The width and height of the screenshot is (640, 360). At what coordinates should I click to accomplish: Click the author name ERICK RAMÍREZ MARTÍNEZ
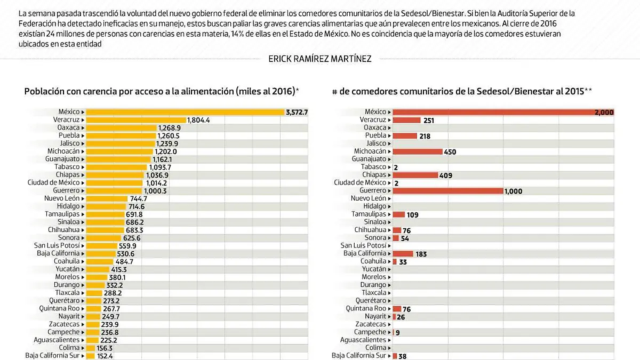point(319,59)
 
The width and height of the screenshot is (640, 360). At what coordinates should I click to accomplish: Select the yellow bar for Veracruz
point(135,120)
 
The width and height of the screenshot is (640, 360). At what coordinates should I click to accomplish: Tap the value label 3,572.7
point(297,112)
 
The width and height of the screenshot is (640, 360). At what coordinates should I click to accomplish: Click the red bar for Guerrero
point(448,191)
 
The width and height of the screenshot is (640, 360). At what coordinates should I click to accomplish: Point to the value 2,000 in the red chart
point(604,113)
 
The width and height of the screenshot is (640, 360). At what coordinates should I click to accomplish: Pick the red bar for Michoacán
point(418,151)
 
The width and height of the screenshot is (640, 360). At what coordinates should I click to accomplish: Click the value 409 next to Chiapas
point(446,175)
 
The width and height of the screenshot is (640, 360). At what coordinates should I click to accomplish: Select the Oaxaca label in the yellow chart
point(68,128)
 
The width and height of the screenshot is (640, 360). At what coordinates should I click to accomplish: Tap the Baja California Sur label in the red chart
point(358,356)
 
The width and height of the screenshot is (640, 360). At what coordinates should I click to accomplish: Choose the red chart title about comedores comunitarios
point(462,92)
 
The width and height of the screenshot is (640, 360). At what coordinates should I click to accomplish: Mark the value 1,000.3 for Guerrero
point(155,191)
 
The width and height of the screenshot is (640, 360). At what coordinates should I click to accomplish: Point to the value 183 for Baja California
point(421,254)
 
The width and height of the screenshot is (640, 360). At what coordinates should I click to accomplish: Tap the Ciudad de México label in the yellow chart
point(54,183)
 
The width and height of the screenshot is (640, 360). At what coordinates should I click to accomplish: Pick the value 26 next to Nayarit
point(401,317)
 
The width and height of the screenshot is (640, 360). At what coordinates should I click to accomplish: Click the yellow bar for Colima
point(91,348)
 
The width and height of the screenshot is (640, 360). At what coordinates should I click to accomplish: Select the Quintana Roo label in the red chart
point(365,309)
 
